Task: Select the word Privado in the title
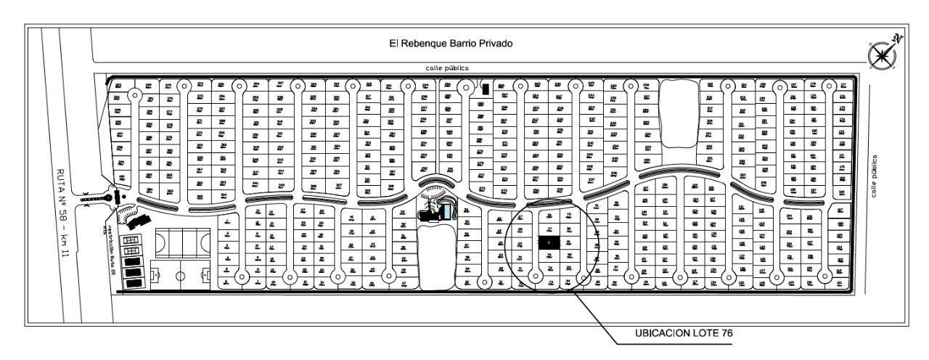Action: click(495, 44)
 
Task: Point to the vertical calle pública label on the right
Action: click(876, 176)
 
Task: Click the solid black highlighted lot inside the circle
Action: click(549, 243)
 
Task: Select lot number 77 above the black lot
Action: click(550, 229)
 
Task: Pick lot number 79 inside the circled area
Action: click(569, 216)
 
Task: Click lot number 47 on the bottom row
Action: click(404, 283)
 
